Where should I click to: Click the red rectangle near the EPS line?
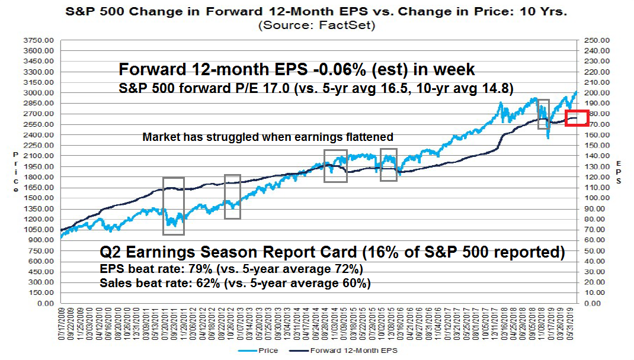point(577,118)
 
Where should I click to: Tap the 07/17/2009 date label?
point(61,324)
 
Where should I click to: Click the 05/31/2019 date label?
point(572,324)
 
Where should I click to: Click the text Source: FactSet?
point(317,25)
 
